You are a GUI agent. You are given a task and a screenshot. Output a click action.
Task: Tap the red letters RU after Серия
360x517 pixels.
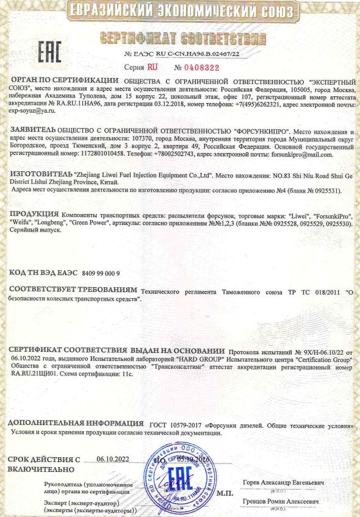(153, 68)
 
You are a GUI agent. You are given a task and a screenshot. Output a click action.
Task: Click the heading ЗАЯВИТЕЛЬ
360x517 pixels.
(33, 131)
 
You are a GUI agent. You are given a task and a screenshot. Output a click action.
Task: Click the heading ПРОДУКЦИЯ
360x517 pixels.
(35, 216)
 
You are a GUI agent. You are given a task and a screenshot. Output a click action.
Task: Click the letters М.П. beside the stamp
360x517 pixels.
(225, 492)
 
